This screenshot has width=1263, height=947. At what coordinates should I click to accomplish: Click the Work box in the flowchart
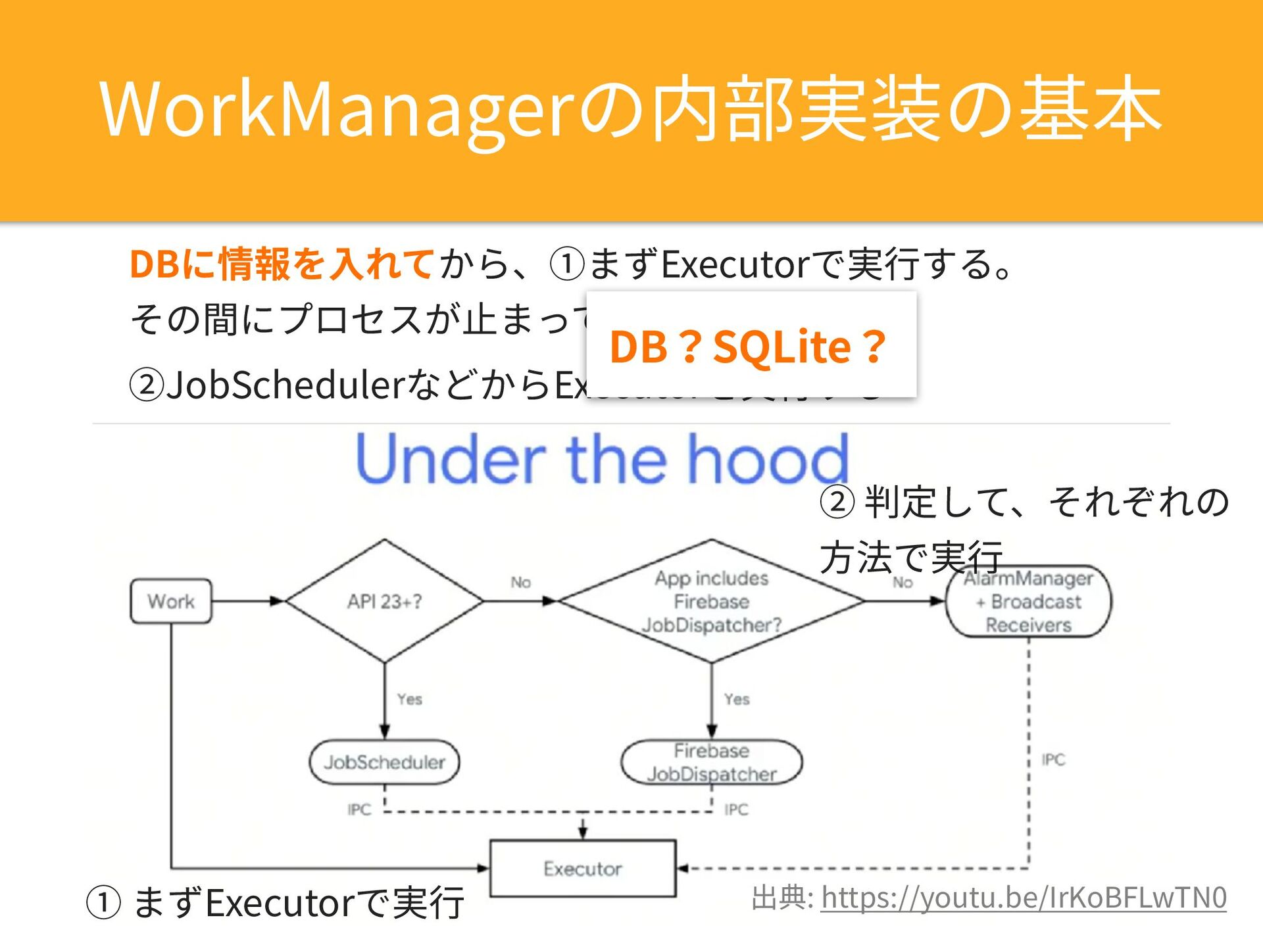point(171,601)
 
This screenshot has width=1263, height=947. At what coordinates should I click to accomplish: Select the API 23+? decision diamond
point(385,601)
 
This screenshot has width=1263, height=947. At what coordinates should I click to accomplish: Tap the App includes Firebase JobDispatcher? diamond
point(711,601)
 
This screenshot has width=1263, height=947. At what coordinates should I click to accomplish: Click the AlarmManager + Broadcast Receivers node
point(1028,601)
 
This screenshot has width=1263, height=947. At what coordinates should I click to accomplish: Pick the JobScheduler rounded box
point(385,762)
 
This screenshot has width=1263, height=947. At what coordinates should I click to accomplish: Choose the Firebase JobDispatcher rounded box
point(711,762)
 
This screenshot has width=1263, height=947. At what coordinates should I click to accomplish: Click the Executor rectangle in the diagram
point(583,869)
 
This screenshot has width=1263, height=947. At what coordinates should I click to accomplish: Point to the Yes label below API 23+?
point(409,699)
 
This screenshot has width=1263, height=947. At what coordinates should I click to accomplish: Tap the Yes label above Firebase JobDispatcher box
point(737,699)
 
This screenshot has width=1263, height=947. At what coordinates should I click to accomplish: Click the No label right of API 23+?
point(520,583)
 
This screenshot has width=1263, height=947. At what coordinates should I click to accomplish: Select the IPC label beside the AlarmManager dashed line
point(1053,760)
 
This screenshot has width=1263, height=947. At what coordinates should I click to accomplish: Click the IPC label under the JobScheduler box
point(359,810)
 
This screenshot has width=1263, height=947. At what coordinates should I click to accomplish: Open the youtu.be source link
point(1024,898)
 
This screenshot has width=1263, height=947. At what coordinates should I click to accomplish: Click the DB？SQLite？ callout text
point(748,347)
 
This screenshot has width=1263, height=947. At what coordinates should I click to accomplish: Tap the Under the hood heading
point(602,458)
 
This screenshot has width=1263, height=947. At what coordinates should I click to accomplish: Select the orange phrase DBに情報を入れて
point(282,264)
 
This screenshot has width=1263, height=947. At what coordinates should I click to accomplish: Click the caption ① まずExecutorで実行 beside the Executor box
point(276,902)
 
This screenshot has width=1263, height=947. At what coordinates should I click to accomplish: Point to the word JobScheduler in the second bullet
point(284,385)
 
